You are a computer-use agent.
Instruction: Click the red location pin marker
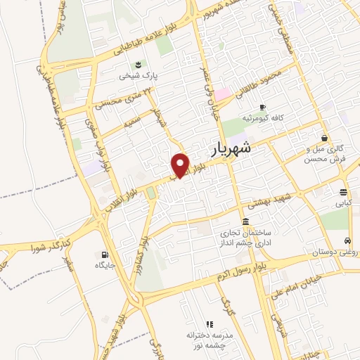181,165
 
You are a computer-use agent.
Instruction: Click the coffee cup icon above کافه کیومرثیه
262,107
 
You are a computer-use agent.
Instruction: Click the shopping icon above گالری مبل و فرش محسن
324,138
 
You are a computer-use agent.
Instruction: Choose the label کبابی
343,203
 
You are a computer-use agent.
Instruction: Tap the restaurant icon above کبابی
343,193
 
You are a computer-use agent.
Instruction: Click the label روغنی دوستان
334,251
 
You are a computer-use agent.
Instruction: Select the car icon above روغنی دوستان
347,240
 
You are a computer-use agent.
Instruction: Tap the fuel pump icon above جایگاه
105,255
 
